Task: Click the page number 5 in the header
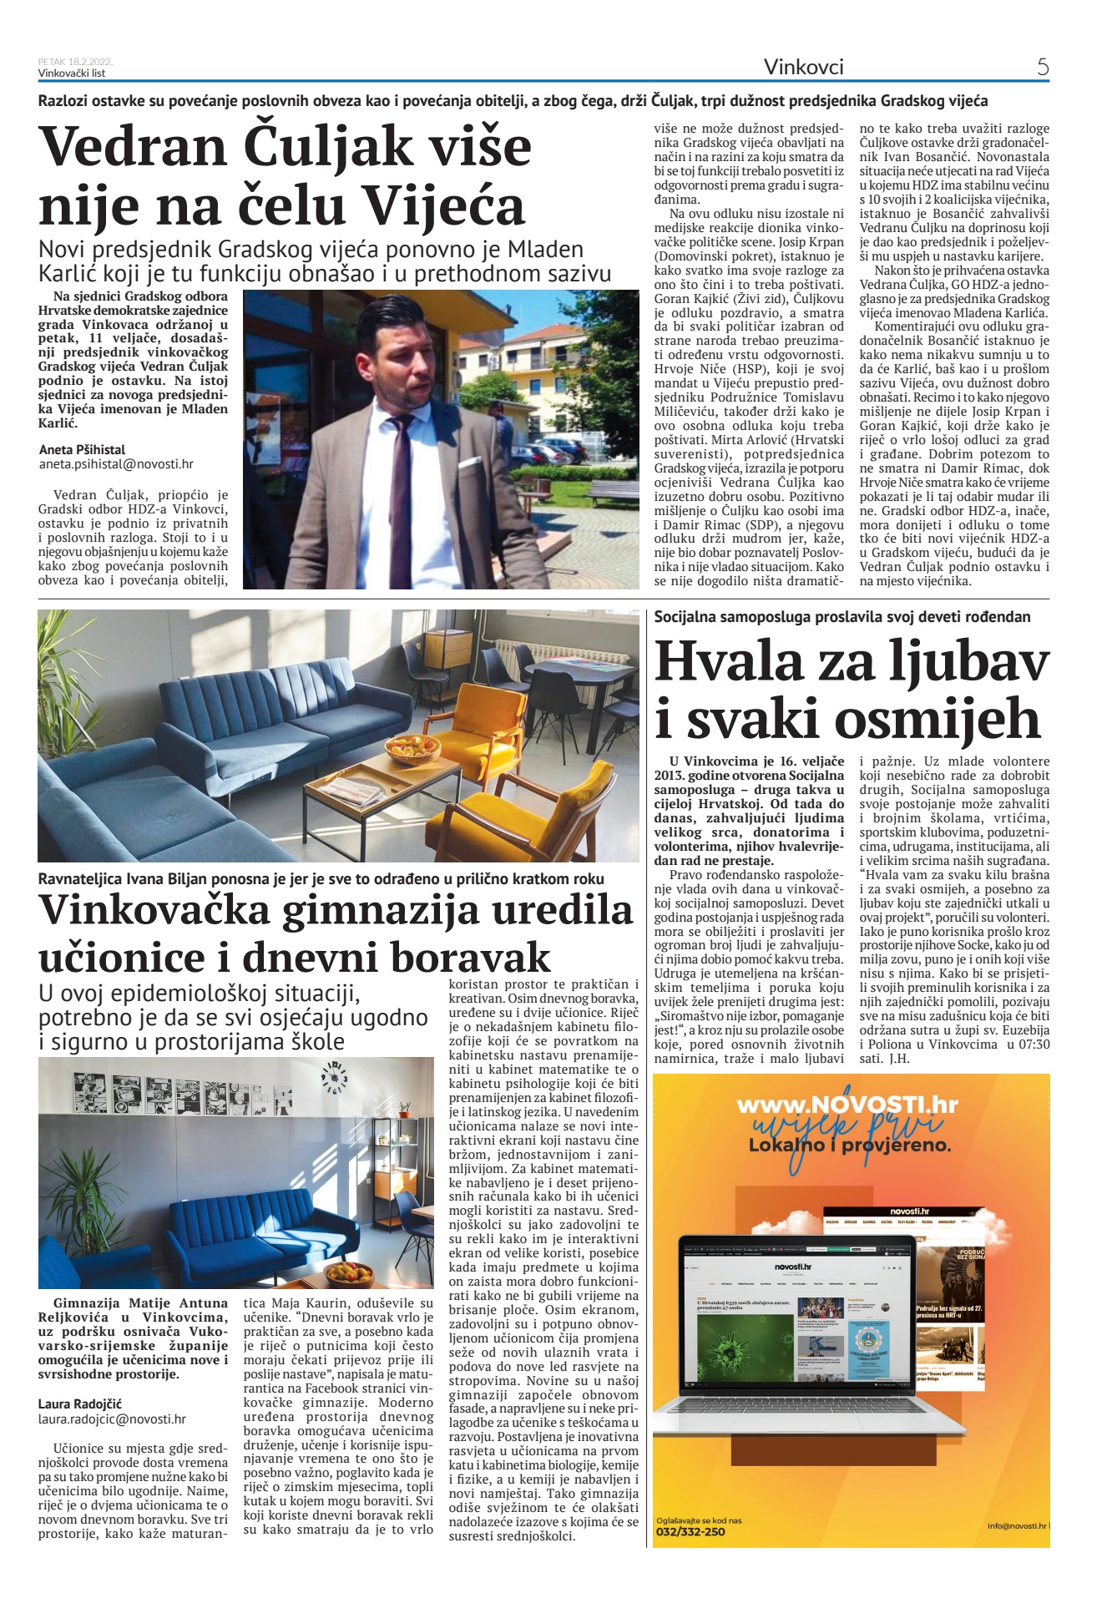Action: [x=1042, y=67]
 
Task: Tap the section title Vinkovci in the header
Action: [x=803, y=67]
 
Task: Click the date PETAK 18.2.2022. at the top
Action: [x=75, y=62]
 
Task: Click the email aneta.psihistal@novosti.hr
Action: [x=116, y=464]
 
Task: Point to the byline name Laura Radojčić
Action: [x=80, y=1404]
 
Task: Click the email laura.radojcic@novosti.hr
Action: [x=112, y=1418]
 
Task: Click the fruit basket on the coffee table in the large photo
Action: [x=412, y=749]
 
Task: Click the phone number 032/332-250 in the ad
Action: [x=690, y=1532]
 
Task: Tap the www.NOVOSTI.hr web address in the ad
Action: [x=847, y=1105]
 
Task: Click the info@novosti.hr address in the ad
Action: [x=1016, y=1525]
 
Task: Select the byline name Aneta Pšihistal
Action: [x=82, y=450]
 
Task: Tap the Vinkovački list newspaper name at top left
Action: [x=72, y=73]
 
